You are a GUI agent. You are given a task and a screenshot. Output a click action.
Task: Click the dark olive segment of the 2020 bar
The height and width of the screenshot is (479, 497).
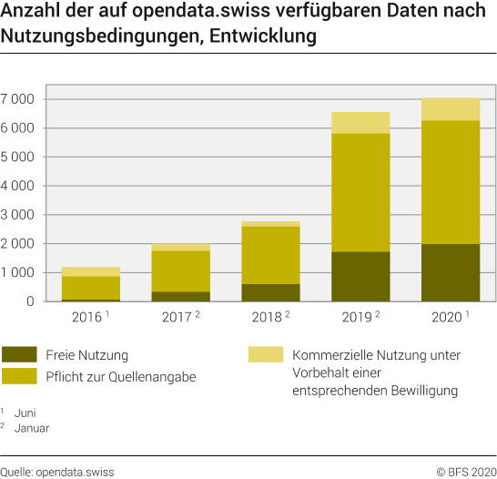coord(451,272)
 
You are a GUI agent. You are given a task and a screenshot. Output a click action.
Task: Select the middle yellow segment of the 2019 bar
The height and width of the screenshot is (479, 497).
coord(361,192)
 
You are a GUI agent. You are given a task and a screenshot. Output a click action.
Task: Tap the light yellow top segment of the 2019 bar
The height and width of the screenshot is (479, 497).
coord(361,122)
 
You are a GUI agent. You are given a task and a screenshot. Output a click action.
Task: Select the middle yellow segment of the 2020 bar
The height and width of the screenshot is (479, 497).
coord(451,182)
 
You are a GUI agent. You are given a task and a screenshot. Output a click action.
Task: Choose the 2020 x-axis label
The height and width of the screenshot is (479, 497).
coord(448,317)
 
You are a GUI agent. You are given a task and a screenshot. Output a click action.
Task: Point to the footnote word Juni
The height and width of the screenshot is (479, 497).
coord(27,413)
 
